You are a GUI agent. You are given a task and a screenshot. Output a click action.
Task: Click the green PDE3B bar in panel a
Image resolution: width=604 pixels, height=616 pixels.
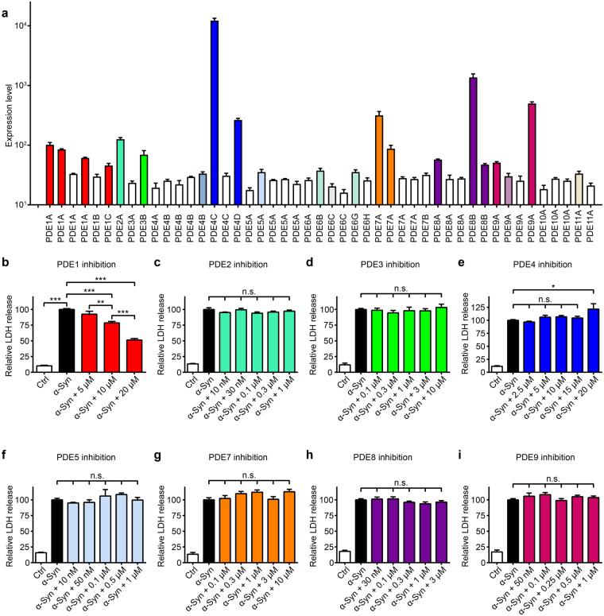(x=144, y=180)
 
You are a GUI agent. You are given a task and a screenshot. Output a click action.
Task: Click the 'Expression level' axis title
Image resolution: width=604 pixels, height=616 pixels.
(x=9, y=115)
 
